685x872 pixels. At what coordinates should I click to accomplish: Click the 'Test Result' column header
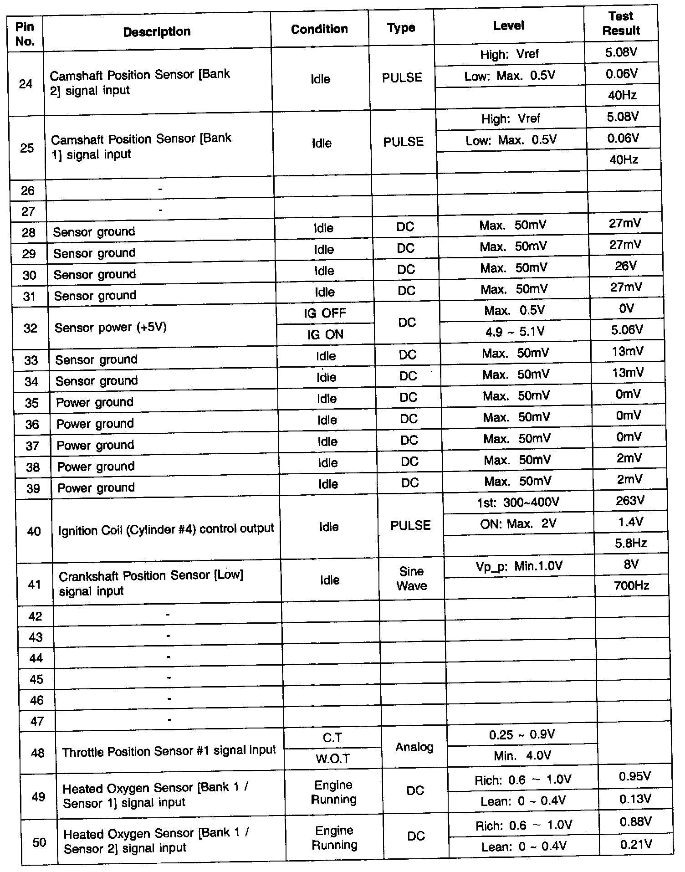[621, 23]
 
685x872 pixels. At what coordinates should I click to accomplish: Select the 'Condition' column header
[319, 29]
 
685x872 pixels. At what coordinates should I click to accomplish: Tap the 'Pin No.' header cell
[25, 34]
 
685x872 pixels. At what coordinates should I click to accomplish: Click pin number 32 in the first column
[30, 328]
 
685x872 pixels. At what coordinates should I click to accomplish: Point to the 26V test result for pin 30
[625, 266]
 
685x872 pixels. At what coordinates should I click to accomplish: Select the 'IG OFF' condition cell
[325, 313]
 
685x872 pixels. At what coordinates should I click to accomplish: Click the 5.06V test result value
[627, 329]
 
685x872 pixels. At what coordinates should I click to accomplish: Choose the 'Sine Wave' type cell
[411, 579]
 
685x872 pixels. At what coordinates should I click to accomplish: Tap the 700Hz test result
[631, 585]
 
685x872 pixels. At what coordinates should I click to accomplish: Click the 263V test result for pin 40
[630, 501]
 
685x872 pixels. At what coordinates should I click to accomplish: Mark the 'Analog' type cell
[414, 747]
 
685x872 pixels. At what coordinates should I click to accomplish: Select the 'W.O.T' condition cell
[333, 759]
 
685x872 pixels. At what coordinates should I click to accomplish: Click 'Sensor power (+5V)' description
[111, 328]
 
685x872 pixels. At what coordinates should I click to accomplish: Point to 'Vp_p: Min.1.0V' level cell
[519, 566]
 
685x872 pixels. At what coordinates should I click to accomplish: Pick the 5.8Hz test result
[631, 543]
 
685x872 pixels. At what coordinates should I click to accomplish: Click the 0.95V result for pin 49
[635, 776]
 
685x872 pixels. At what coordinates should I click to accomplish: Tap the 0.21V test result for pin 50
[636, 845]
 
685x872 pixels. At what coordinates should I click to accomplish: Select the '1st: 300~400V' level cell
[518, 503]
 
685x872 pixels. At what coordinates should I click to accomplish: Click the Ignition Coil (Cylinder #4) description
[166, 529]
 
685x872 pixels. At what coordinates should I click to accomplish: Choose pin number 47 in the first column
[36, 721]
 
